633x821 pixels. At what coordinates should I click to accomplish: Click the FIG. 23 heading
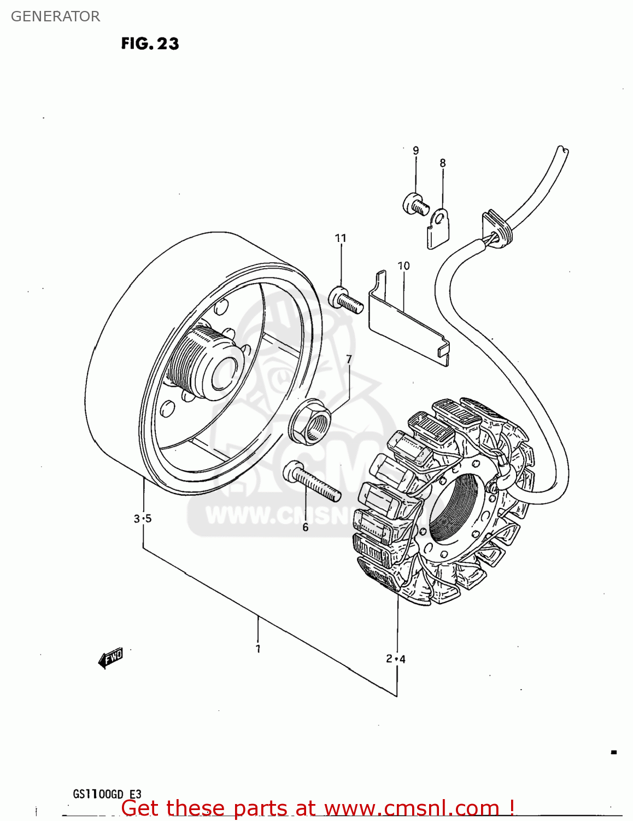(150, 44)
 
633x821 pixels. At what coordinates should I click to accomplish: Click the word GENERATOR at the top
(55, 16)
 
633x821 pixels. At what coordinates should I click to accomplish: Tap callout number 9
(415, 151)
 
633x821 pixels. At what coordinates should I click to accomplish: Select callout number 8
(442, 163)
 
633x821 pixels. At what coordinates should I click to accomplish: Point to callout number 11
(341, 238)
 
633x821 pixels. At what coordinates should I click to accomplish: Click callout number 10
(403, 266)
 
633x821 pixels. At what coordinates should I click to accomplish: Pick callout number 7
(349, 359)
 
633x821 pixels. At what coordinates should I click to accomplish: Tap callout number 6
(305, 527)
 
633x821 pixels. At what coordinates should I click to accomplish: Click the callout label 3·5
(142, 518)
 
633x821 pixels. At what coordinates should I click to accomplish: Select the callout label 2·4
(395, 658)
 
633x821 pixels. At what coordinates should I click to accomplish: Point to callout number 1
(258, 649)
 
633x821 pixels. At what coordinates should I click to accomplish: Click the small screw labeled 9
(415, 205)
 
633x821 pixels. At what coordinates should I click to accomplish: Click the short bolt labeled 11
(346, 300)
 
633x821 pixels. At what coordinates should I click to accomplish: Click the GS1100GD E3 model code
(107, 794)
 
